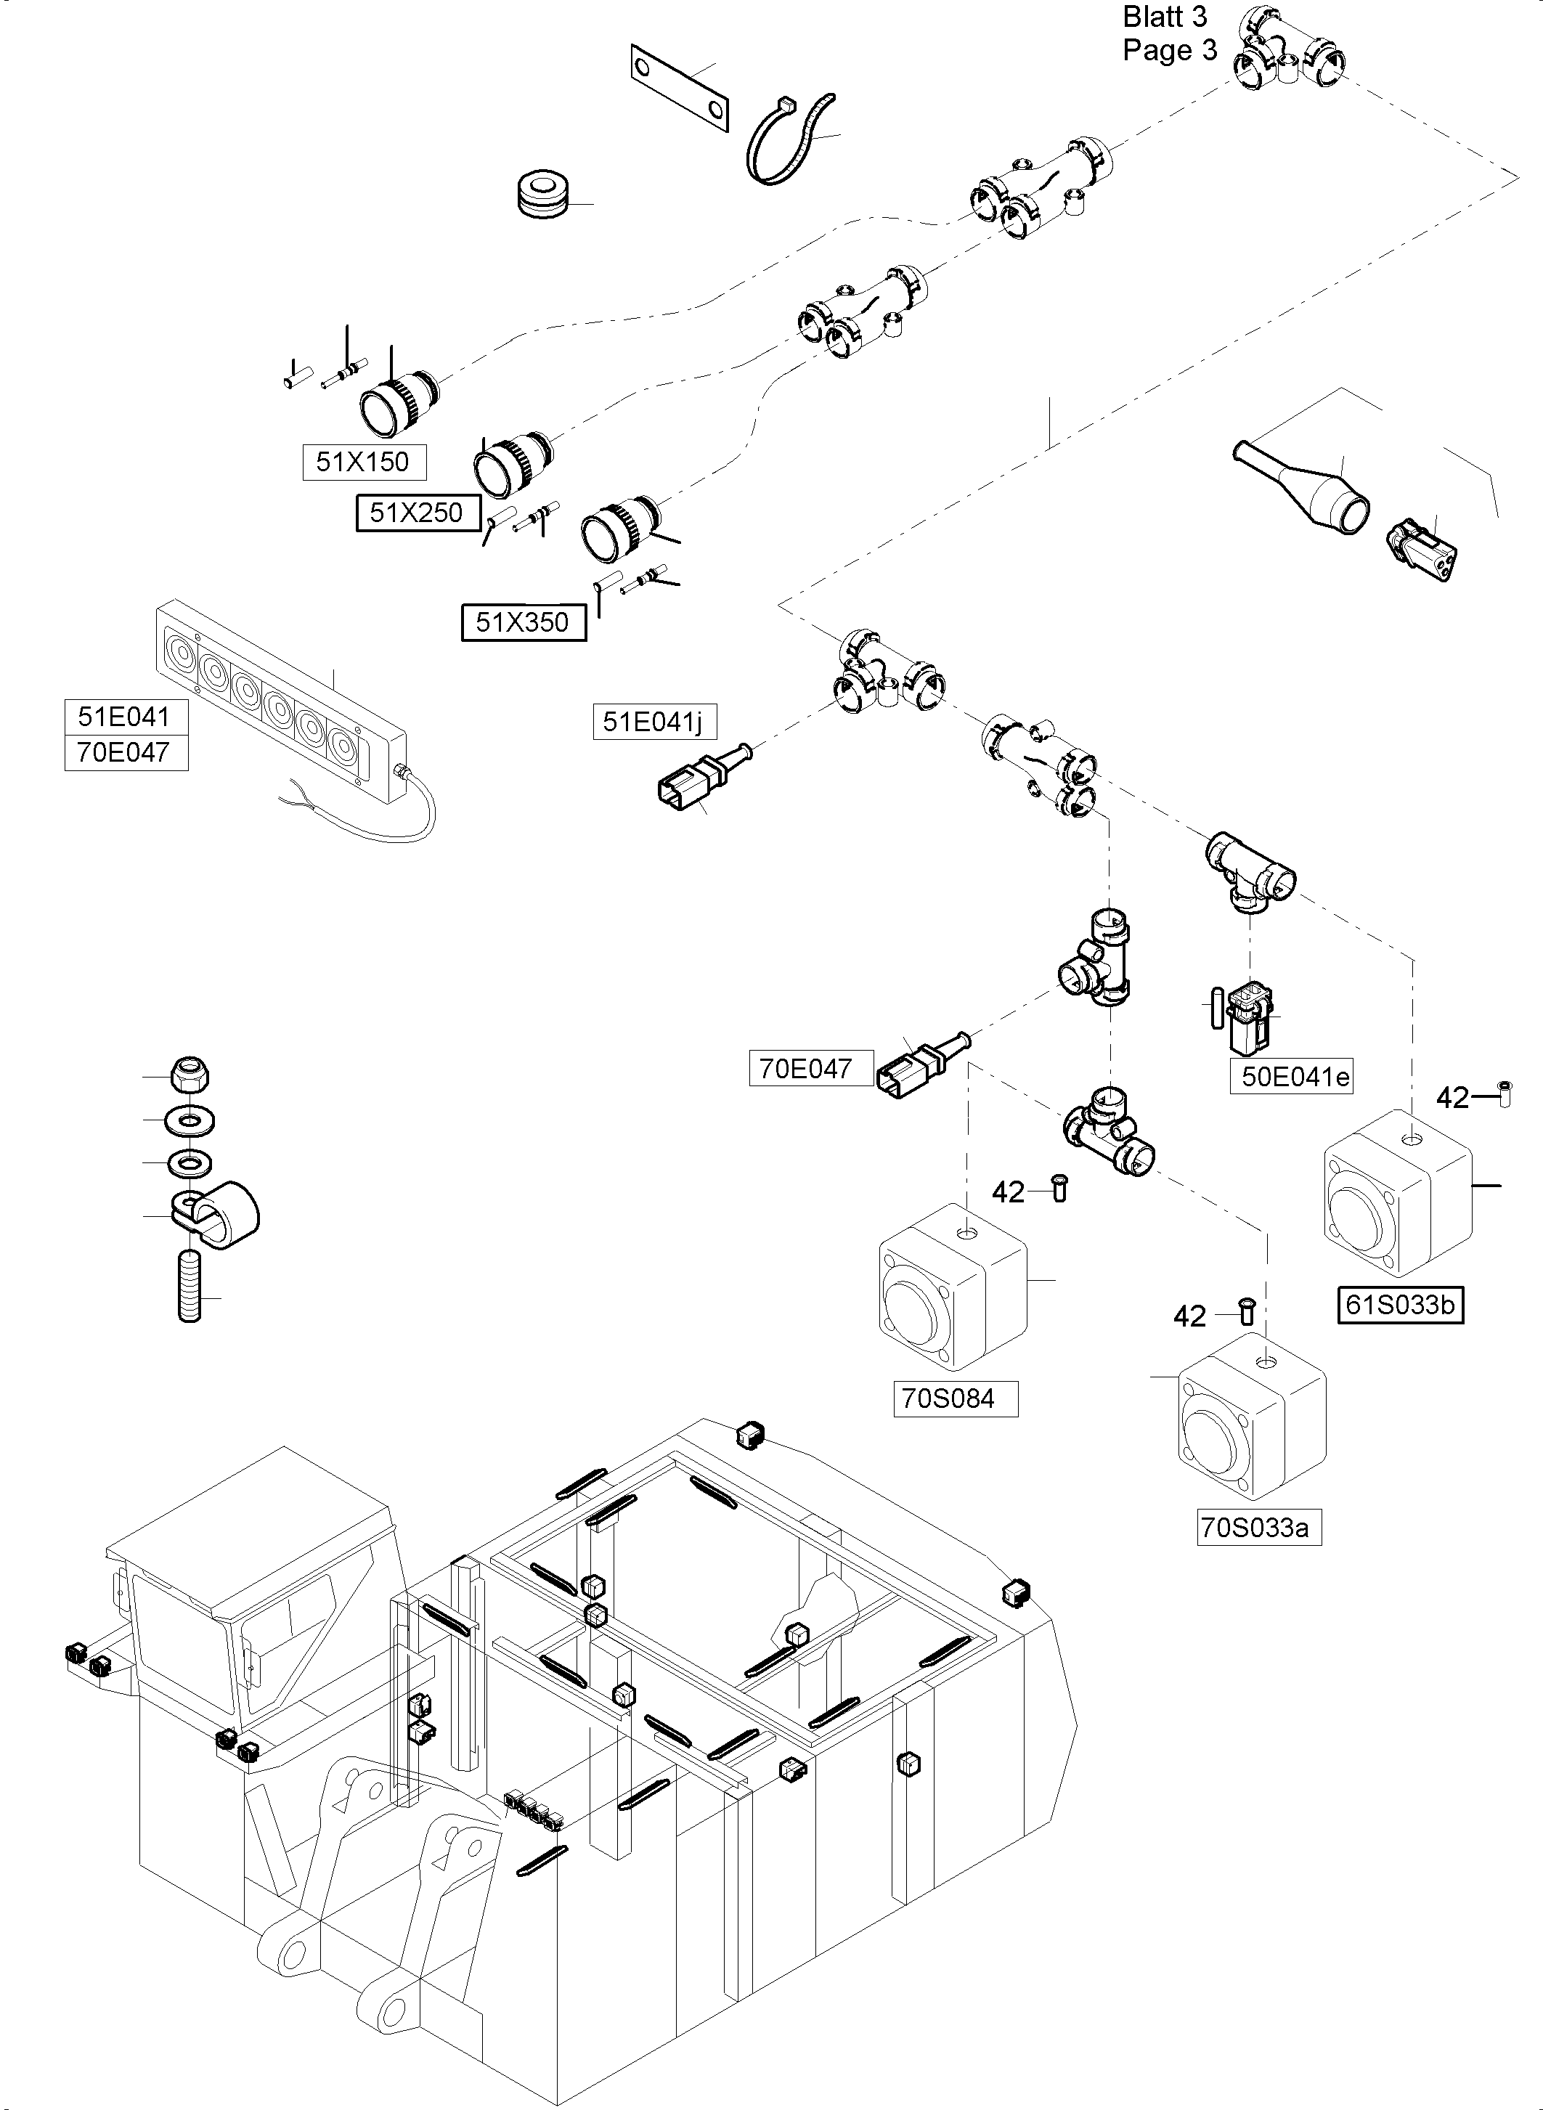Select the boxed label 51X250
418,513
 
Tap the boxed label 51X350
523,622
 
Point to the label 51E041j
653,722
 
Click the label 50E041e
1295,1077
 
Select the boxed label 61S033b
1399,1305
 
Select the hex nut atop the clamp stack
190,1075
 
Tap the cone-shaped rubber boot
1308,488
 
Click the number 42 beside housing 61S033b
1452,1098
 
